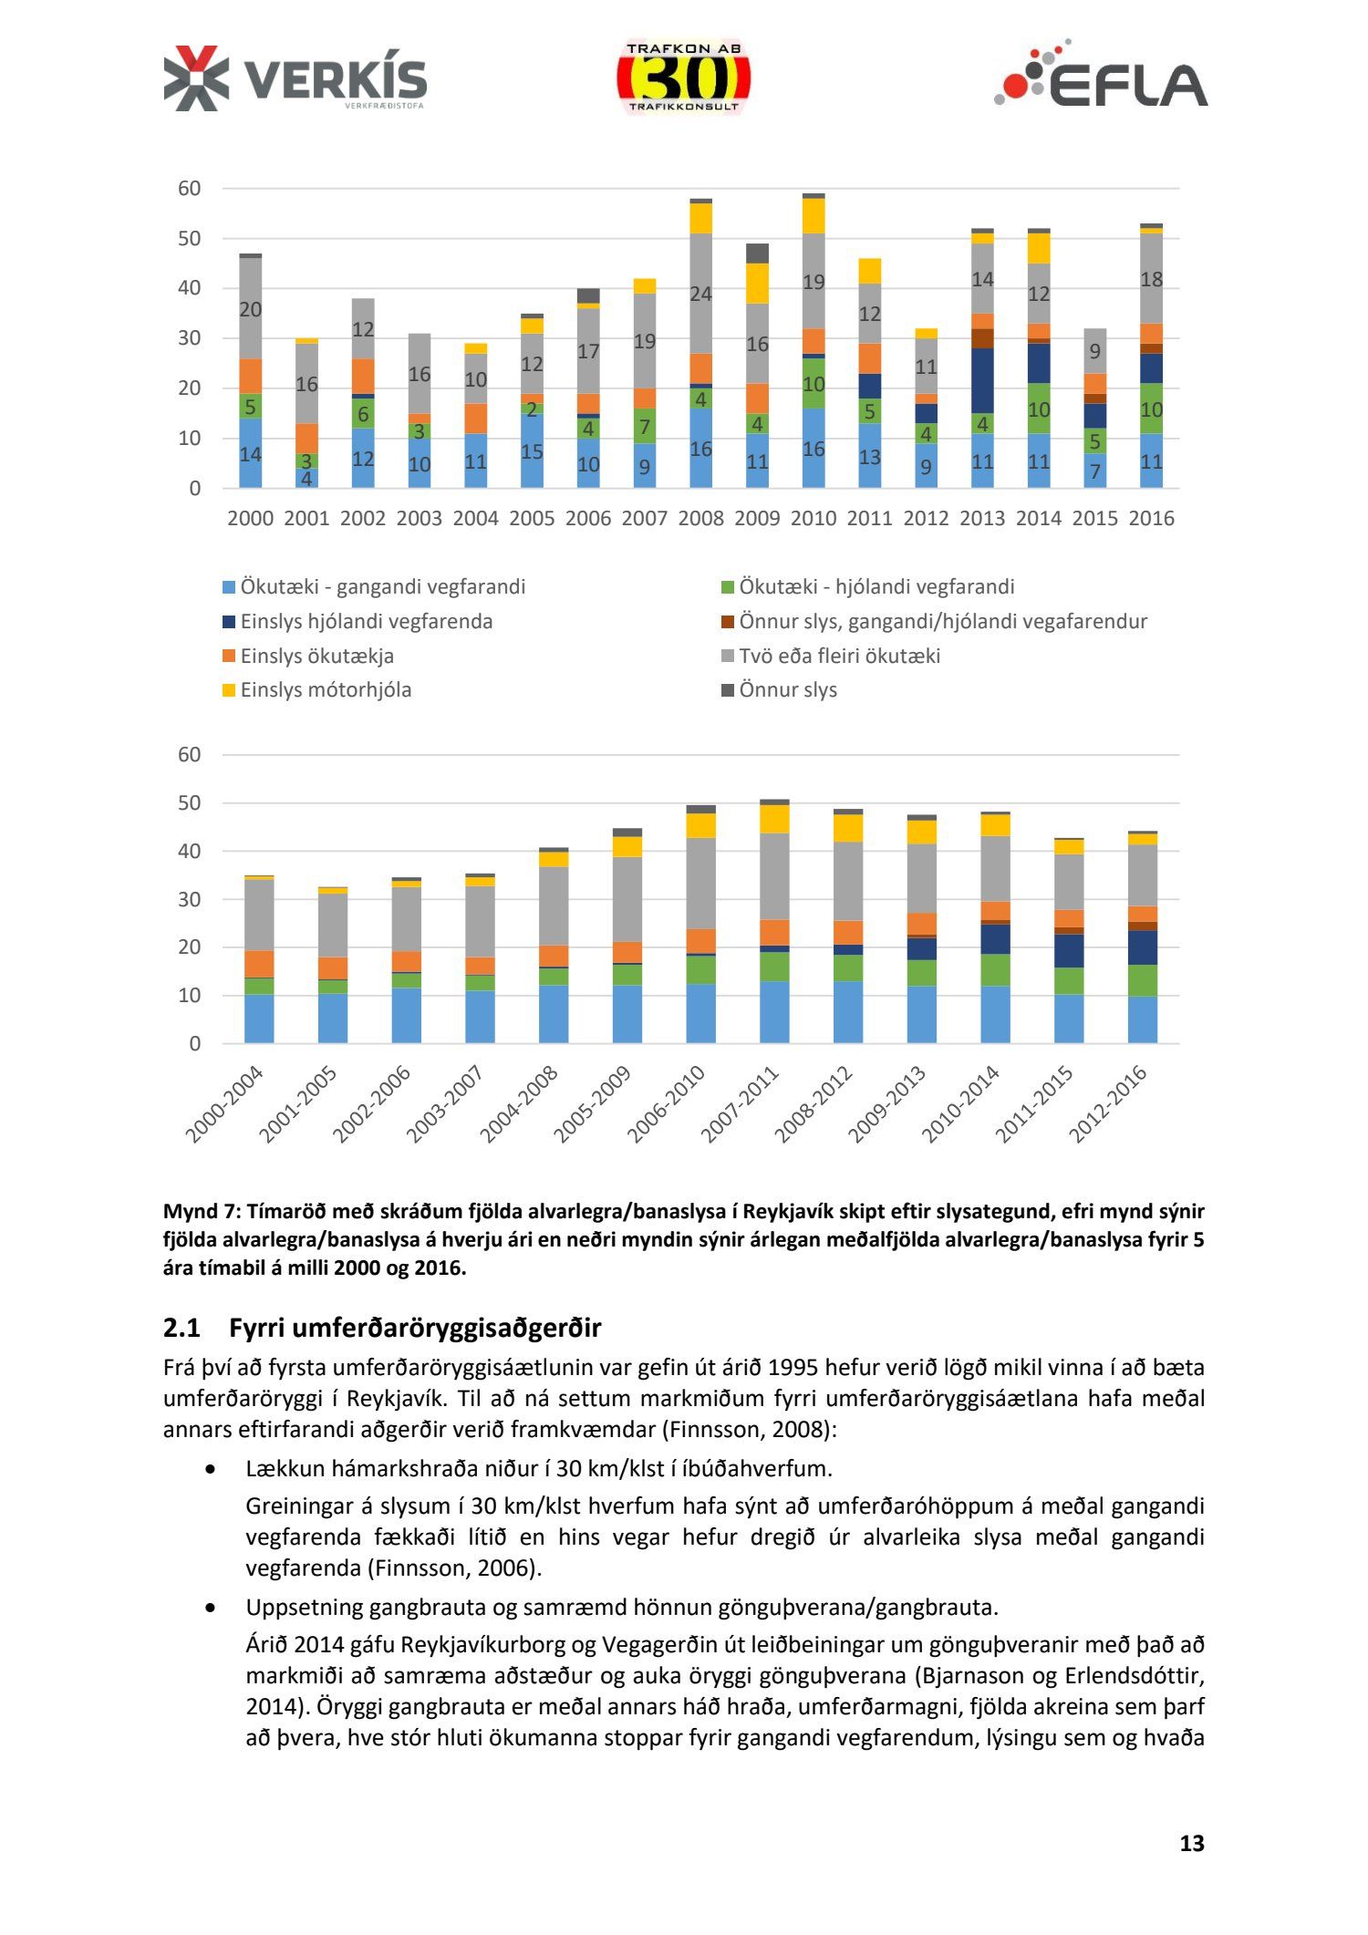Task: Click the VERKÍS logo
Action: (295, 78)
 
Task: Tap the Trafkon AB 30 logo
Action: (683, 78)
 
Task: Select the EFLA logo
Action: (1101, 76)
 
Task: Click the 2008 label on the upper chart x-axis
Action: (700, 518)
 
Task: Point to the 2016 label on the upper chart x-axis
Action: (1151, 518)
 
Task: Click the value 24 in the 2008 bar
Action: (700, 294)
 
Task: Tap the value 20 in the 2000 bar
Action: (250, 309)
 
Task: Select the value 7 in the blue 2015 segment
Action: (1094, 471)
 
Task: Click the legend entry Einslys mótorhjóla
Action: (326, 689)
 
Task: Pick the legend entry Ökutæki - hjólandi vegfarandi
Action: (876, 586)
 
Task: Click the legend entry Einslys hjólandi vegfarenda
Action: (366, 621)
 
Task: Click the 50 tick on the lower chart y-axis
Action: (189, 803)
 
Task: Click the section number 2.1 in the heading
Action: (181, 1328)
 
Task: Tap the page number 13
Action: (1191, 1843)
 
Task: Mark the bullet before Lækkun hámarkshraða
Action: (212, 1469)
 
